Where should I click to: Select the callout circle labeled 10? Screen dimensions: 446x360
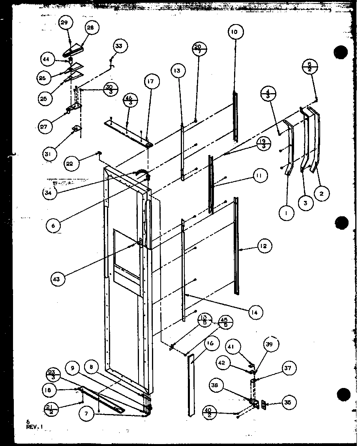pos(234,32)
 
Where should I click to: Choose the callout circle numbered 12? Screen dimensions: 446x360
pos(263,246)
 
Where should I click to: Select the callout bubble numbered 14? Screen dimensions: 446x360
pos(255,312)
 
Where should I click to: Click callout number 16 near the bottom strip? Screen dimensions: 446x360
pos(209,344)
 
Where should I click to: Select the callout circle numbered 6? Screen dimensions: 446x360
pos(53,226)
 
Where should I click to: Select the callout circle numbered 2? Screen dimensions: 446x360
pos(322,193)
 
